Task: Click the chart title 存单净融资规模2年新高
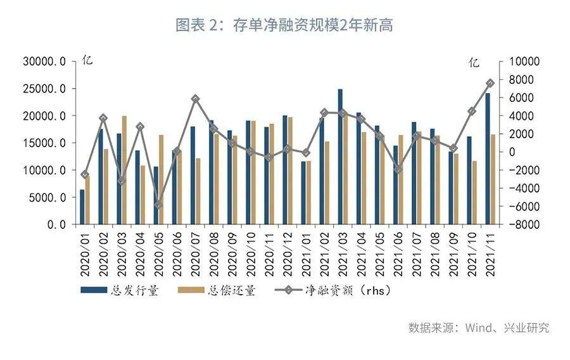point(284,25)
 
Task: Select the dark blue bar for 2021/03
point(340,157)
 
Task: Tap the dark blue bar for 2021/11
point(488,158)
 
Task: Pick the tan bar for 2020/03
point(124,170)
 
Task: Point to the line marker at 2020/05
point(158,205)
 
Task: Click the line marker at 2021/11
point(491,83)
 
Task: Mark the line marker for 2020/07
point(195,99)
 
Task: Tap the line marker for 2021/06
point(398,169)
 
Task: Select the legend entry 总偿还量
point(218,291)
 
